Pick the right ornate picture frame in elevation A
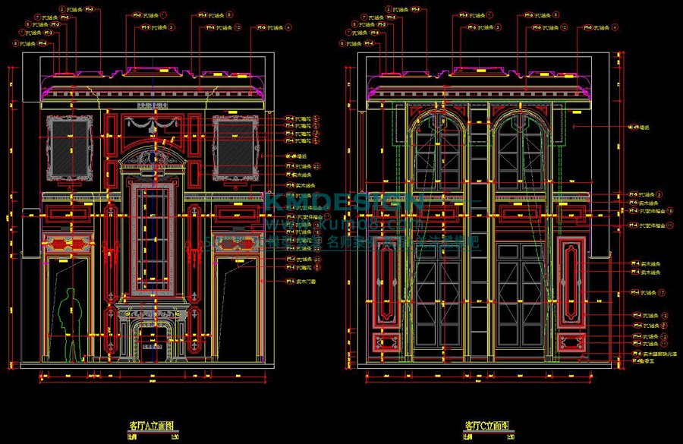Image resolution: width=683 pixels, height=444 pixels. (235, 148)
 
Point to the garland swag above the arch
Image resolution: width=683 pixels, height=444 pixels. (152, 121)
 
